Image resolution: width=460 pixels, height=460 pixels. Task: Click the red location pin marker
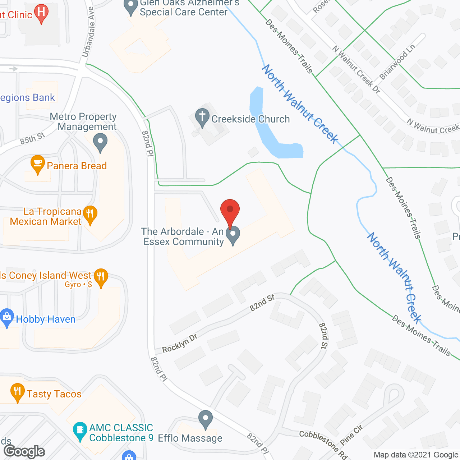[230, 210]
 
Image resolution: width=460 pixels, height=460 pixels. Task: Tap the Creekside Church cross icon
[202, 117]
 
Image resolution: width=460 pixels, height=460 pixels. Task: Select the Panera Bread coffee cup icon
[38, 164]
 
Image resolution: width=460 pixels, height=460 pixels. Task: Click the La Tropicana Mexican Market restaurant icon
[90, 214]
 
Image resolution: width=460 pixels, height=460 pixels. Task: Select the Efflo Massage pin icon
[206, 419]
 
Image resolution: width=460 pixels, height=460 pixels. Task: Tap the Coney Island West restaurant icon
[101, 277]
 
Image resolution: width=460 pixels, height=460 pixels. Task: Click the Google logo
[24, 451]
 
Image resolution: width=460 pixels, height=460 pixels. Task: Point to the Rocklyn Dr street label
[180, 343]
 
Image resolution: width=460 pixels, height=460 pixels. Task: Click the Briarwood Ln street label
[397, 62]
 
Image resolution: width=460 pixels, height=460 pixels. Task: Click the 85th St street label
[32, 138]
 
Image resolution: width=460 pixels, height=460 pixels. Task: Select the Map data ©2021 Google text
[416, 455]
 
